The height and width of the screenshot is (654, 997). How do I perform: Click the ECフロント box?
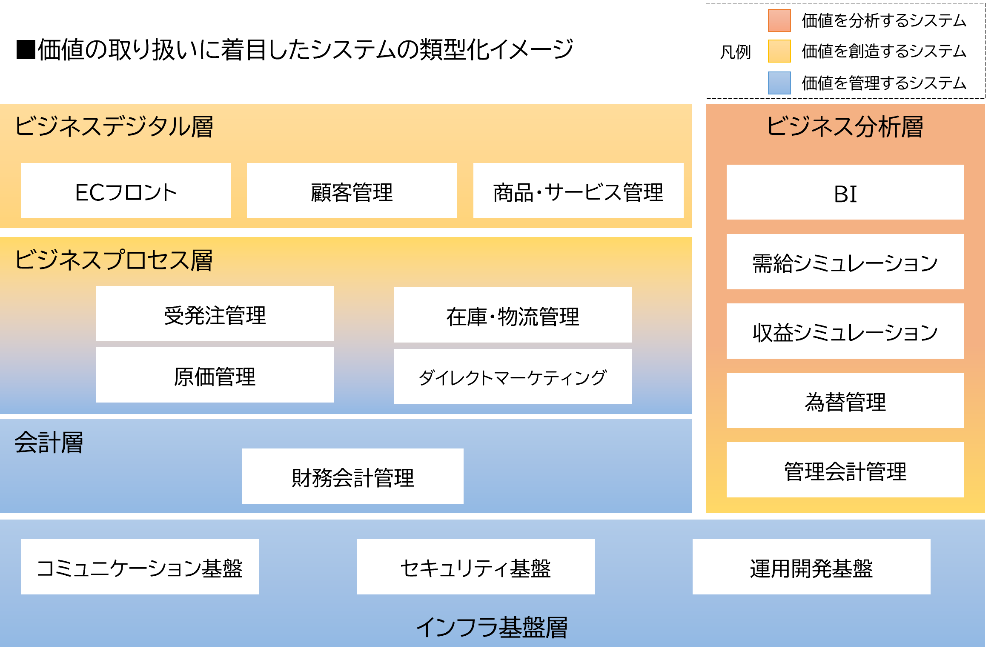pyautogui.click(x=126, y=191)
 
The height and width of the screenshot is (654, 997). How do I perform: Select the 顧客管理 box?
pyautogui.click(x=352, y=191)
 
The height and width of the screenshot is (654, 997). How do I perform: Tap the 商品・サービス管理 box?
pyautogui.click(x=578, y=191)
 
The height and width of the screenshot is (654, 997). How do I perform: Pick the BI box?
pyautogui.click(x=845, y=192)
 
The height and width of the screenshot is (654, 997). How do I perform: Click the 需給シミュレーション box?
pyautogui.click(x=845, y=262)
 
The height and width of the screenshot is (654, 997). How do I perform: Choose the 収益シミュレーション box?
pyautogui.click(x=845, y=331)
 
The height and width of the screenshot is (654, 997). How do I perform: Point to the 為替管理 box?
pyautogui.click(x=845, y=400)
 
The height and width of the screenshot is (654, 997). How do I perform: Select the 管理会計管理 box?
pyautogui.click(x=845, y=470)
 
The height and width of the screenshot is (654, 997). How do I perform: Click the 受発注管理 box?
pyautogui.click(x=215, y=314)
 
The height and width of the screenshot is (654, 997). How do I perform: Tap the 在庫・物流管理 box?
pyautogui.click(x=513, y=315)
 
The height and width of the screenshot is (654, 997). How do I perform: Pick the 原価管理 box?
pyautogui.click(x=215, y=375)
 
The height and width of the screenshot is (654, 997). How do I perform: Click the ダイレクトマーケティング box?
pyautogui.click(x=513, y=377)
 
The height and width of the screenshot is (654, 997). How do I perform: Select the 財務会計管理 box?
pyautogui.click(x=352, y=476)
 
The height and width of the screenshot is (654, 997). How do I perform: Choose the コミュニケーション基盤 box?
pyautogui.click(x=140, y=567)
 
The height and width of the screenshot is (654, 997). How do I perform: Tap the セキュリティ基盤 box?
pyautogui.click(x=476, y=567)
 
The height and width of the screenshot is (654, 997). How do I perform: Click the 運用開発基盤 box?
pyautogui.click(x=811, y=567)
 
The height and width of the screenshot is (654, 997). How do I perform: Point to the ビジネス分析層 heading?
pyautogui.click(x=845, y=126)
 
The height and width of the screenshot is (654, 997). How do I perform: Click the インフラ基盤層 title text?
pyautogui.click(x=492, y=627)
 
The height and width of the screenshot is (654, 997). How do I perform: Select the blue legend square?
pyautogui.click(x=779, y=83)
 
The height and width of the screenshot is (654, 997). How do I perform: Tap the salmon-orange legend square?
pyautogui.click(x=779, y=20)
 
